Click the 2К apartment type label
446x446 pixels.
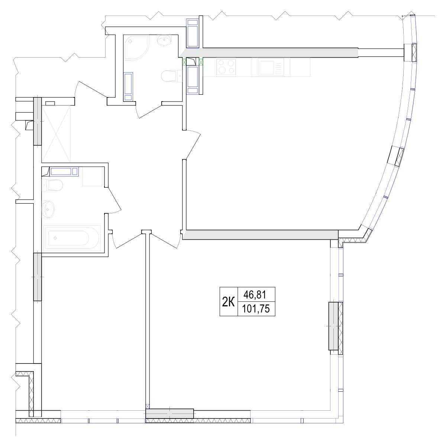pos(228,302)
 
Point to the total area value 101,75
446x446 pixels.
pos(256,308)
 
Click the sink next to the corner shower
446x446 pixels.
pos(164,40)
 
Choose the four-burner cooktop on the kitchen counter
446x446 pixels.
pos(226,67)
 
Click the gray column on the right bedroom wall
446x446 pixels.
pos(336,326)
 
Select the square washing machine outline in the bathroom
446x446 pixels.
pos(92,177)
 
